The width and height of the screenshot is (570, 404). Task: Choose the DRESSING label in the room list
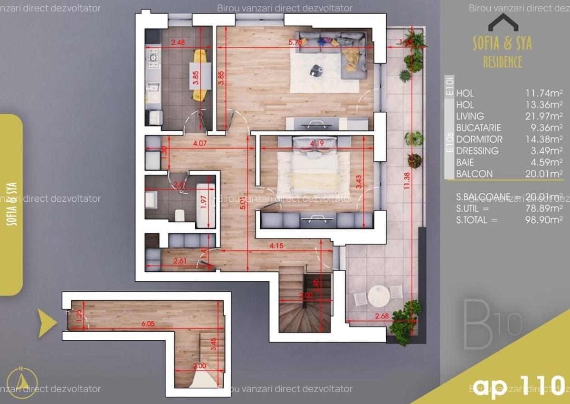[x=477, y=151]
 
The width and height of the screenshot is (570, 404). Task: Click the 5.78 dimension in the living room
[x=295, y=42]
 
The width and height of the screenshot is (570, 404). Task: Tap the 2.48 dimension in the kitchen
[x=178, y=42]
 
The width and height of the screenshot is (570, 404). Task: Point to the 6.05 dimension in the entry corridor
[x=147, y=324]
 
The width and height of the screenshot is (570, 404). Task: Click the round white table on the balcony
[x=379, y=296]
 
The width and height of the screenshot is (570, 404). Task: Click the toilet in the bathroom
[x=180, y=215]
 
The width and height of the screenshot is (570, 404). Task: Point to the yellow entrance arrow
[x=47, y=323]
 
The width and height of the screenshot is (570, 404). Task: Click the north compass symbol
[x=22, y=381]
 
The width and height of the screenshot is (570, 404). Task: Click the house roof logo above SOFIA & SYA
[x=503, y=22]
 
